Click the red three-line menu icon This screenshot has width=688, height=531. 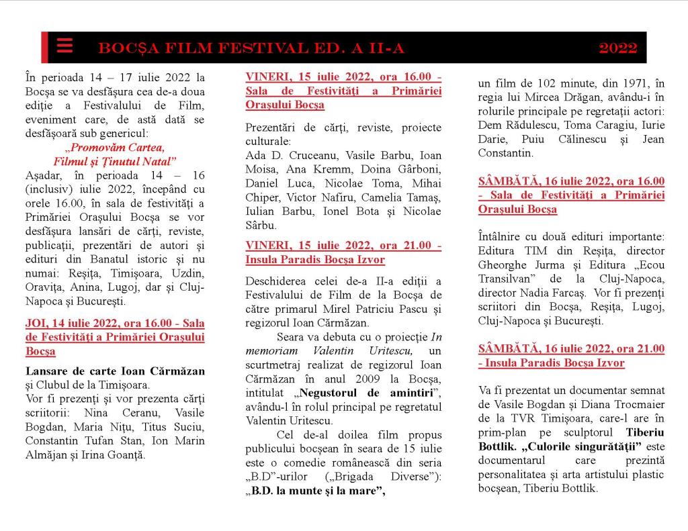point(64,46)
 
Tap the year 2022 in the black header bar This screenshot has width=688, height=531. point(617,48)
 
